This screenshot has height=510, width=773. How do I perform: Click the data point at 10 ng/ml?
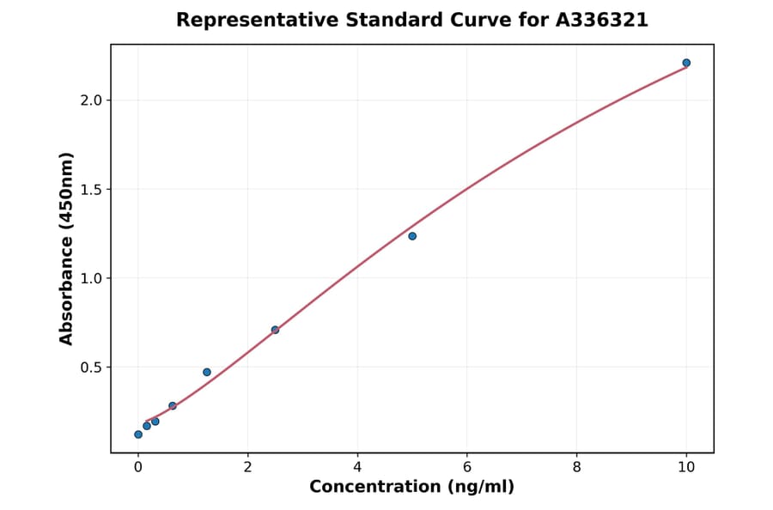pos(686,63)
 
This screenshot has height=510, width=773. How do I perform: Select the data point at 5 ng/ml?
pos(412,236)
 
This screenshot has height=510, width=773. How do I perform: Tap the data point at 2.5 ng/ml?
pos(275,330)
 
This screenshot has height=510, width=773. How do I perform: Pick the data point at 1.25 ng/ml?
pos(207,372)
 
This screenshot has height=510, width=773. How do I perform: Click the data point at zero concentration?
pos(138,434)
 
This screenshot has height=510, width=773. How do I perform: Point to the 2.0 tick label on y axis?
pos(91,100)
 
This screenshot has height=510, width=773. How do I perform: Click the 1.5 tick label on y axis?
pos(91,189)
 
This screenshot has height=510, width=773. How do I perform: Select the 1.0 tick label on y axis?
pos(91,278)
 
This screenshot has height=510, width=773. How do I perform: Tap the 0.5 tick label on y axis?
pos(91,367)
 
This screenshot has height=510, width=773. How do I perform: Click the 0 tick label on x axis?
pos(138,467)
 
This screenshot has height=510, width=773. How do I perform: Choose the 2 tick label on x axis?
pos(247,467)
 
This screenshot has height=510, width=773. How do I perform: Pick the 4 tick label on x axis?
pos(357,467)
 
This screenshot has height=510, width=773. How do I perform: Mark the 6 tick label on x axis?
pos(467,467)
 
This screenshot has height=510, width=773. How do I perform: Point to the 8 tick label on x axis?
pos(576,467)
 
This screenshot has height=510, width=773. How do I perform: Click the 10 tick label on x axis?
pos(686,467)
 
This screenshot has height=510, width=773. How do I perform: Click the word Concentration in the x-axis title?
pos(374,488)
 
